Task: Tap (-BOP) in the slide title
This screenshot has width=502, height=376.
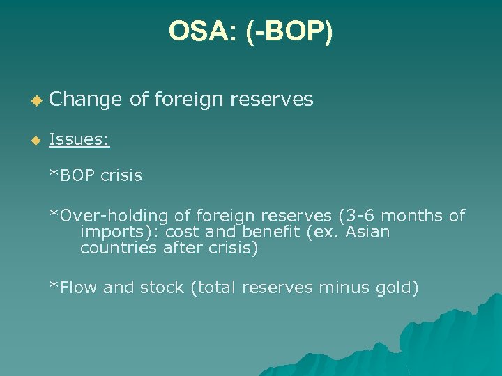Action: (289, 31)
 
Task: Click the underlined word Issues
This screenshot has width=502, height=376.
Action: (79, 140)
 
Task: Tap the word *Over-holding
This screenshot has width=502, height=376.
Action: (97, 216)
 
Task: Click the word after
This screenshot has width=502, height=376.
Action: (185, 249)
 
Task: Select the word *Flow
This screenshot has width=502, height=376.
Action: (73, 288)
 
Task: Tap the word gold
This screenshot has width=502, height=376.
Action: (398, 288)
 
